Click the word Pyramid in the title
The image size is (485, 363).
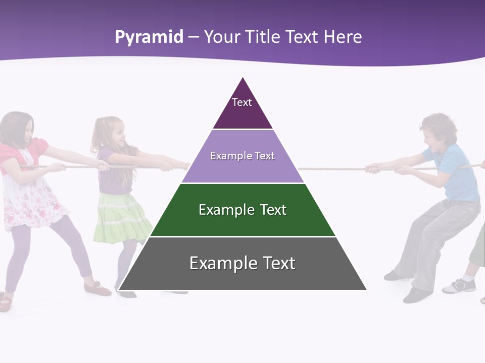click(x=149, y=37)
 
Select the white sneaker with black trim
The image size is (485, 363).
click(x=460, y=286)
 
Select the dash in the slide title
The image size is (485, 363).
click(x=193, y=37)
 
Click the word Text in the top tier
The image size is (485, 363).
click(x=242, y=102)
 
